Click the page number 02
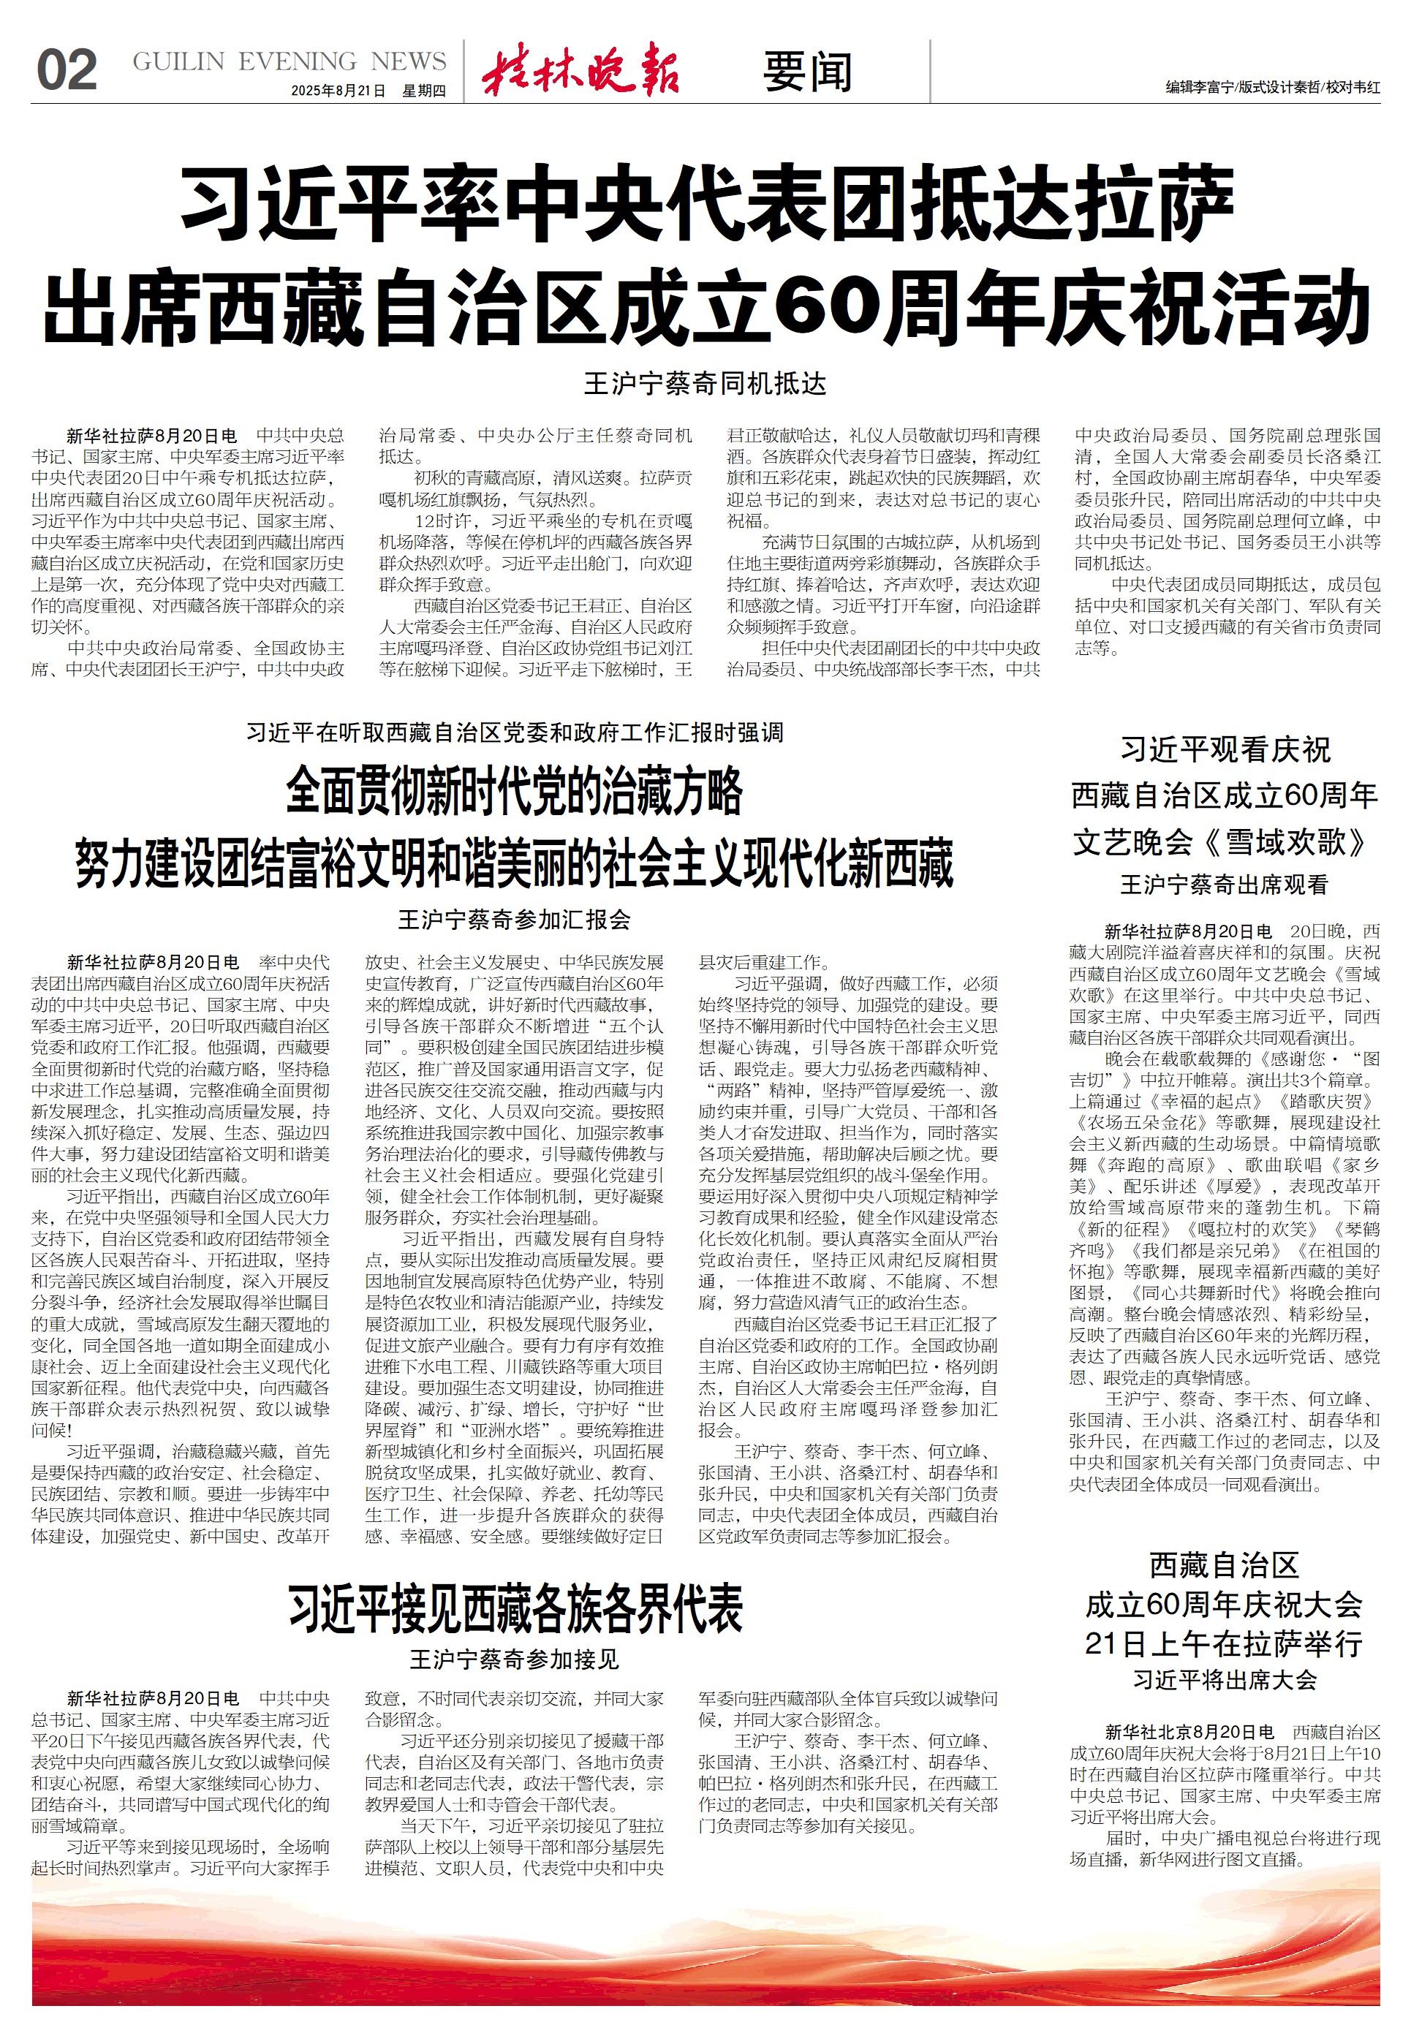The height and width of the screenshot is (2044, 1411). coord(67,71)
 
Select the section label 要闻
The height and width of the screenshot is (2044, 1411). coord(807,72)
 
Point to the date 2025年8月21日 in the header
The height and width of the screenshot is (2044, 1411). coord(338,91)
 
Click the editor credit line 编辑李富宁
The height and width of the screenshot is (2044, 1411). coord(1199,88)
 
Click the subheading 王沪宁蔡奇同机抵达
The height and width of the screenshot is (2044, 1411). coord(705,384)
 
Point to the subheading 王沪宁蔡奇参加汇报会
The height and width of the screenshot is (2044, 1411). coord(515,920)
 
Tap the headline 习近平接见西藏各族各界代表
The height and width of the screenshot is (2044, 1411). coord(515,1609)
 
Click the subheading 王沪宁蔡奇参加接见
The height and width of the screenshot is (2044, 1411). coord(515,1659)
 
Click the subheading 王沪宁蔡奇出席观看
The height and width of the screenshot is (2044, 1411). coord(1225,885)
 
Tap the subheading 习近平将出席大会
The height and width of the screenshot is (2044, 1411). coord(1225,1680)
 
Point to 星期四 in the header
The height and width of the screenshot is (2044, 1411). coord(423,91)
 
